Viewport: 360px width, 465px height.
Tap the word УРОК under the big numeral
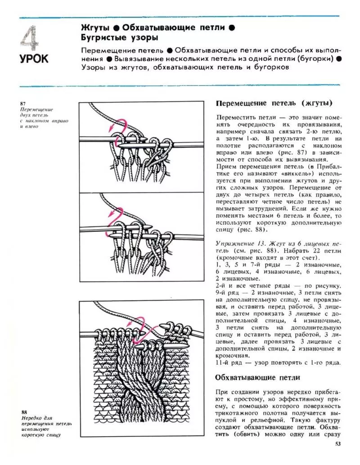pyautogui.click(x=34, y=59)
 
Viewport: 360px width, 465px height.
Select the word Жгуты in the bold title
pyautogui.click(x=95, y=27)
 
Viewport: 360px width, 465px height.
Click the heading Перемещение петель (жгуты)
pyautogui.click(x=274, y=103)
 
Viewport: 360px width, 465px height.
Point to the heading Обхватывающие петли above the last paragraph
pyautogui.click(x=258, y=377)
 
